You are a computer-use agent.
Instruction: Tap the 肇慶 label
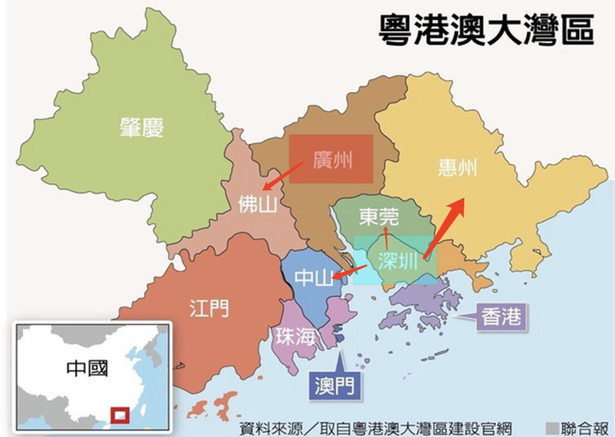click(141, 127)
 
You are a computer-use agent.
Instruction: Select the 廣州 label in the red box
click(332, 160)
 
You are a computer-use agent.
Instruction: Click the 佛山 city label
click(257, 203)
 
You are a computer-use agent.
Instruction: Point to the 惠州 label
click(457, 168)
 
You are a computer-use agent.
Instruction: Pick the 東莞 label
click(379, 217)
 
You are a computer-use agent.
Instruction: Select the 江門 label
click(209, 308)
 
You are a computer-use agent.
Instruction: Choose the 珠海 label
click(295, 337)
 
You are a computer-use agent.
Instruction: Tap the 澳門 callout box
click(334, 386)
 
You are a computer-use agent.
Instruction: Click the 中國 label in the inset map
click(87, 368)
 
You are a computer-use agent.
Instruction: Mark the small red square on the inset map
click(120, 415)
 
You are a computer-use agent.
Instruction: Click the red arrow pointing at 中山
click(349, 272)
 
